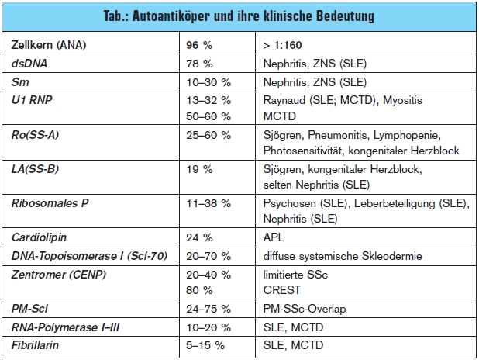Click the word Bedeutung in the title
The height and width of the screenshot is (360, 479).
(x=345, y=16)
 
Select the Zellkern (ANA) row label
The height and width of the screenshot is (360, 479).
(x=49, y=45)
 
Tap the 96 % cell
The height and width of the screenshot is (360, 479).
(x=199, y=45)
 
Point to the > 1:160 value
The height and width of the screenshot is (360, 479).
(x=283, y=45)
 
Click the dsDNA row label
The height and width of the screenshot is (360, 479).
(x=29, y=64)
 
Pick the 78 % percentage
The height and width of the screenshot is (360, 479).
(x=199, y=64)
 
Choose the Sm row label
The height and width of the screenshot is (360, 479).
(x=20, y=82)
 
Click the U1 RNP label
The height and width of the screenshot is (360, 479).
(x=32, y=100)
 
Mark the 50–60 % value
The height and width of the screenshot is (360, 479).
(x=208, y=116)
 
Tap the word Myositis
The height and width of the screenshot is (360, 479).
(x=402, y=100)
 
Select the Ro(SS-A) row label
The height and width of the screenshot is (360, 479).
(x=35, y=135)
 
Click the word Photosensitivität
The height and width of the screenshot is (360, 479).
(x=302, y=151)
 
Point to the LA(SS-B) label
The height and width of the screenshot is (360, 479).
(x=35, y=169)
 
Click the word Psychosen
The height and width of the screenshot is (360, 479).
(x=290, y=203)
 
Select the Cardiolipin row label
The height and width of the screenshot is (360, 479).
(x=39, y=237)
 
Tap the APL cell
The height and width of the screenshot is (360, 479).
(x=274, y=237)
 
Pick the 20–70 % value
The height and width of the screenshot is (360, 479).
(x=208, y=256)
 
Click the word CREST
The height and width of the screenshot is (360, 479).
(x=282, y=290)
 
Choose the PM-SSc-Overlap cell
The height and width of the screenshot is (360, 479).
(x=305, y=309)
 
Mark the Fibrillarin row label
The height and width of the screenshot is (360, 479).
(x=35, y=345)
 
